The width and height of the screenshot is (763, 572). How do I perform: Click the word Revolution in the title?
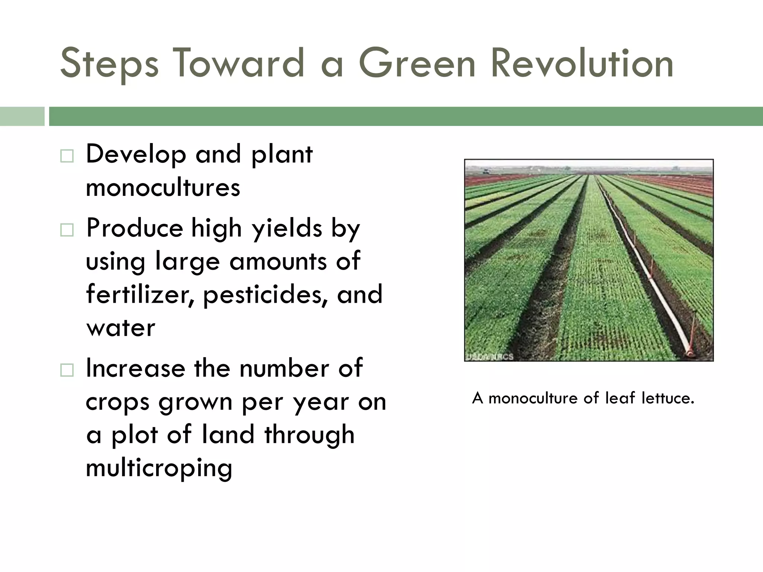[582, 63]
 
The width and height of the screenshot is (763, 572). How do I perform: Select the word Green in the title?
[417, 63]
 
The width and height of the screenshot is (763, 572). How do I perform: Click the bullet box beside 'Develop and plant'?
[67, 156]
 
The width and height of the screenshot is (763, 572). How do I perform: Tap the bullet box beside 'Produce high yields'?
[67, 230]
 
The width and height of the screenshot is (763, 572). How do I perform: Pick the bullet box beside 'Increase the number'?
[67, 370]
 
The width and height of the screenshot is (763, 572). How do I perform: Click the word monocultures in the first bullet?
[163, 187]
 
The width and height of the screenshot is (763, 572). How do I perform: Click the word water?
[120, 328]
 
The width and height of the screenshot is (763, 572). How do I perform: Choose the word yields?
[287, 229]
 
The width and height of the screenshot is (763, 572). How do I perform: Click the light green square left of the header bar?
[22, 116]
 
